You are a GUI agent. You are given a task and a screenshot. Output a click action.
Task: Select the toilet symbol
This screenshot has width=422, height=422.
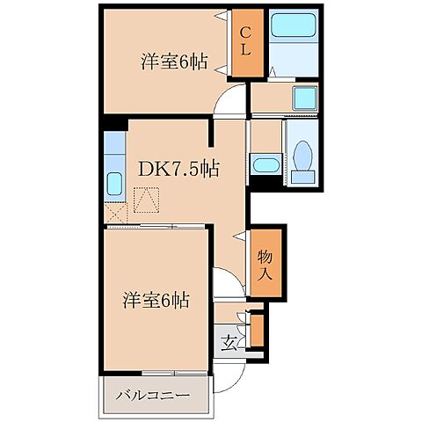tap(304, 159)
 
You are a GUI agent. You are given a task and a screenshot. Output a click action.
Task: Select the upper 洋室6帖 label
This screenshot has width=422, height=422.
tap(174, 62)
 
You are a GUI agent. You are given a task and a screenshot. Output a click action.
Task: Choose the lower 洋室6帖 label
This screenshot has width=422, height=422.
tap(155, 299)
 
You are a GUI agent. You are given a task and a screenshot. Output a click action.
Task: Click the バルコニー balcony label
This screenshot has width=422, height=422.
tap(154, 397)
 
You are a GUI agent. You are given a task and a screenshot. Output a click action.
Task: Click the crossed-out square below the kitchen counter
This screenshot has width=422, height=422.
tap(114, 213)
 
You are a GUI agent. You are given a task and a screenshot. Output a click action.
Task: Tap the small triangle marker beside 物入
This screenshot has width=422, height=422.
tap(239, 235)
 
